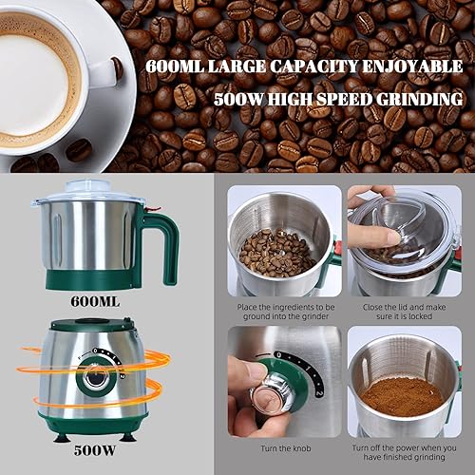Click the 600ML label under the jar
(x=95, y=302)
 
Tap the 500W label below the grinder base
(x=95, y=455)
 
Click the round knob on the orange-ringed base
(x=94, y=378)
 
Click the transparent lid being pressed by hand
(x=399, y=223)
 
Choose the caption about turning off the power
(x=406, y=452)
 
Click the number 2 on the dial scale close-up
(x=318, y=390)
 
